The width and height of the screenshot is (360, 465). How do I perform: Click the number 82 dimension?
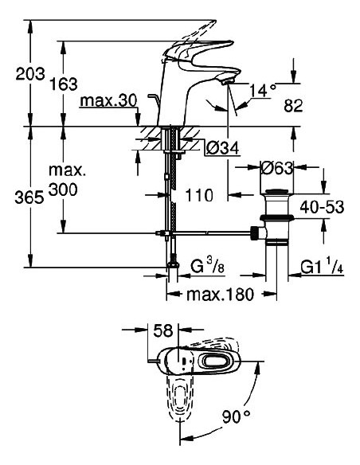(295, 104)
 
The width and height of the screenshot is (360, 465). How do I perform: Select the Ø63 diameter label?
(278, 168)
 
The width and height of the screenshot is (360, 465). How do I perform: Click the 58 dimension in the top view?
(165, 329)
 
